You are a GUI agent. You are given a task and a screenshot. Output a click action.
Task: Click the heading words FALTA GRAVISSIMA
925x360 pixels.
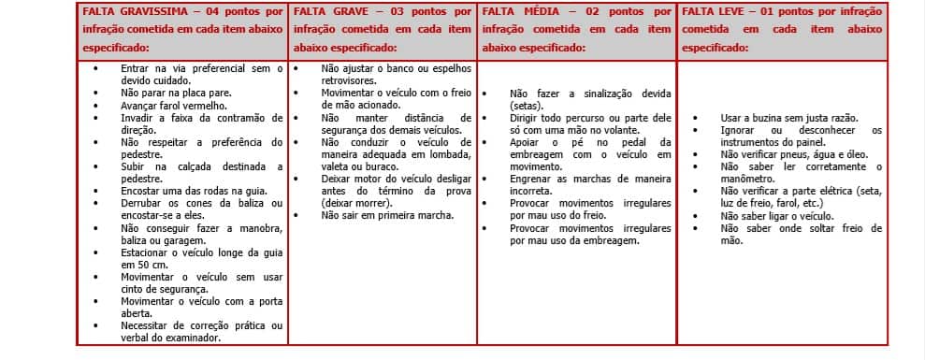132,12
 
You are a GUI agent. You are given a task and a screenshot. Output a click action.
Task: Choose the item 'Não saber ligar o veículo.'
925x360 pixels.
773,216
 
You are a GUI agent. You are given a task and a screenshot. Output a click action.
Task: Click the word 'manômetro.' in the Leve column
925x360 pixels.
747,179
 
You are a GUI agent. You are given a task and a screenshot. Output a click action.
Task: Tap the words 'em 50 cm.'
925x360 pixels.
142,265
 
